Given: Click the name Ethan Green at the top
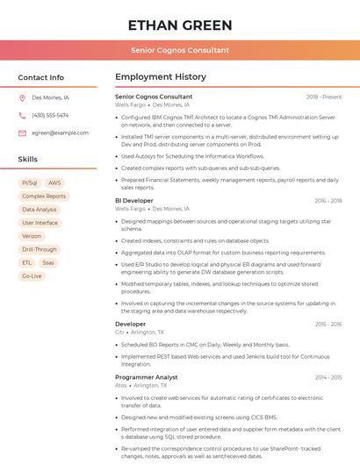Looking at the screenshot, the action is (x=180, y=25).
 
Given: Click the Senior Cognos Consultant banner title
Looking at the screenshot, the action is (x=180, y=50).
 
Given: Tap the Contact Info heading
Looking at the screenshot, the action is (x=40, y=77).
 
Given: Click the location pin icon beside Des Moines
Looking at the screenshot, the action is (x=22, y=98).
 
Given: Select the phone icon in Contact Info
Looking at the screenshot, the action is (x=22, y=115).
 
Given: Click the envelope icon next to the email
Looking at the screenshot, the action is (x=22, y=132).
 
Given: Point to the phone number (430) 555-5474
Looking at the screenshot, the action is (x=50, y=115).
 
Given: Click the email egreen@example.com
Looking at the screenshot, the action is (x=60, y=132).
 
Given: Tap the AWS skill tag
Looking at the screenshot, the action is (x=54, y=182).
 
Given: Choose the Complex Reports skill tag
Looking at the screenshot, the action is (x=44, y=197).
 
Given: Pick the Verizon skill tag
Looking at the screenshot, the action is (x=32, y=236).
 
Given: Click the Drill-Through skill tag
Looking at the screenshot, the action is (x=40, y=249).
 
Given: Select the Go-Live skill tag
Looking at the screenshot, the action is (x=32, y=275).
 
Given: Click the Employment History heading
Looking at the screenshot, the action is (x=161, y=77).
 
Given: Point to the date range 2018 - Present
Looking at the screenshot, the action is (x=324, y=97).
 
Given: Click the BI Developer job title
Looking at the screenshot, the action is (x=134, y=201).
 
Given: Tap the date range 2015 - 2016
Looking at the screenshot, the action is (x=328, y=324).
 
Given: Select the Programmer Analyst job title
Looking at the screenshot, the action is (x=147, y=376).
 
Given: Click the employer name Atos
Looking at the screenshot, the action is (x=120, y=385).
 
